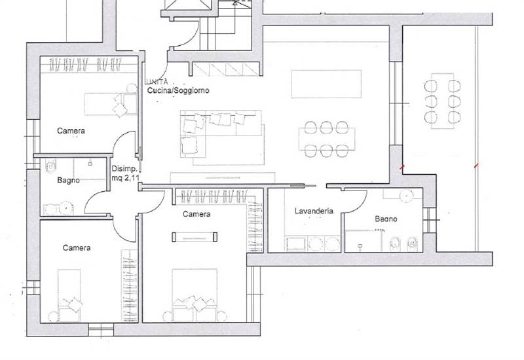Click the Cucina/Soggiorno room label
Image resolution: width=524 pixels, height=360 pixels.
click(x=178, y=90)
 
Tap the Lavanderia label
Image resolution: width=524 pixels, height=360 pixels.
click(x=314, y=211)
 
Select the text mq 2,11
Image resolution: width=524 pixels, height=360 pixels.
click(x=125, y=178)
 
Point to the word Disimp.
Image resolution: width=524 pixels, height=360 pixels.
click(x=124, y=169)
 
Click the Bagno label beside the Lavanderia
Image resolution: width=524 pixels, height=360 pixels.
click(x=386, y=219)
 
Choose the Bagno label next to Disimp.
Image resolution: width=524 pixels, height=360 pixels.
click(x=68, y=181)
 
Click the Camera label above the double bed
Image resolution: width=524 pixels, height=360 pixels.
click(x=196, y=214)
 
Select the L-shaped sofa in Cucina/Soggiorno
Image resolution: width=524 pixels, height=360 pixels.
click(x=222, y=137)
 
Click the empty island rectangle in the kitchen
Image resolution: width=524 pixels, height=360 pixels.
click(x=326, y=84)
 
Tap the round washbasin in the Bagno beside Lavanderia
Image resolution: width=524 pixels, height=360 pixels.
click(x=406, y=196)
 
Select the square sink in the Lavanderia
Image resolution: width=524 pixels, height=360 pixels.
click(x=295, y=243)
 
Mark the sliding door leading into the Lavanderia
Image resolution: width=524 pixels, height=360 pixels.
click(x=303, y=186)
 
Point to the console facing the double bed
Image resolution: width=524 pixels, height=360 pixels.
click(x=195, y=237)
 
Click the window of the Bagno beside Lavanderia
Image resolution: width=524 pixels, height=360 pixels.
click(x=429, y=220)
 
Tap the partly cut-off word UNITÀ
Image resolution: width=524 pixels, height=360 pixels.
click(x=157, y=82)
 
